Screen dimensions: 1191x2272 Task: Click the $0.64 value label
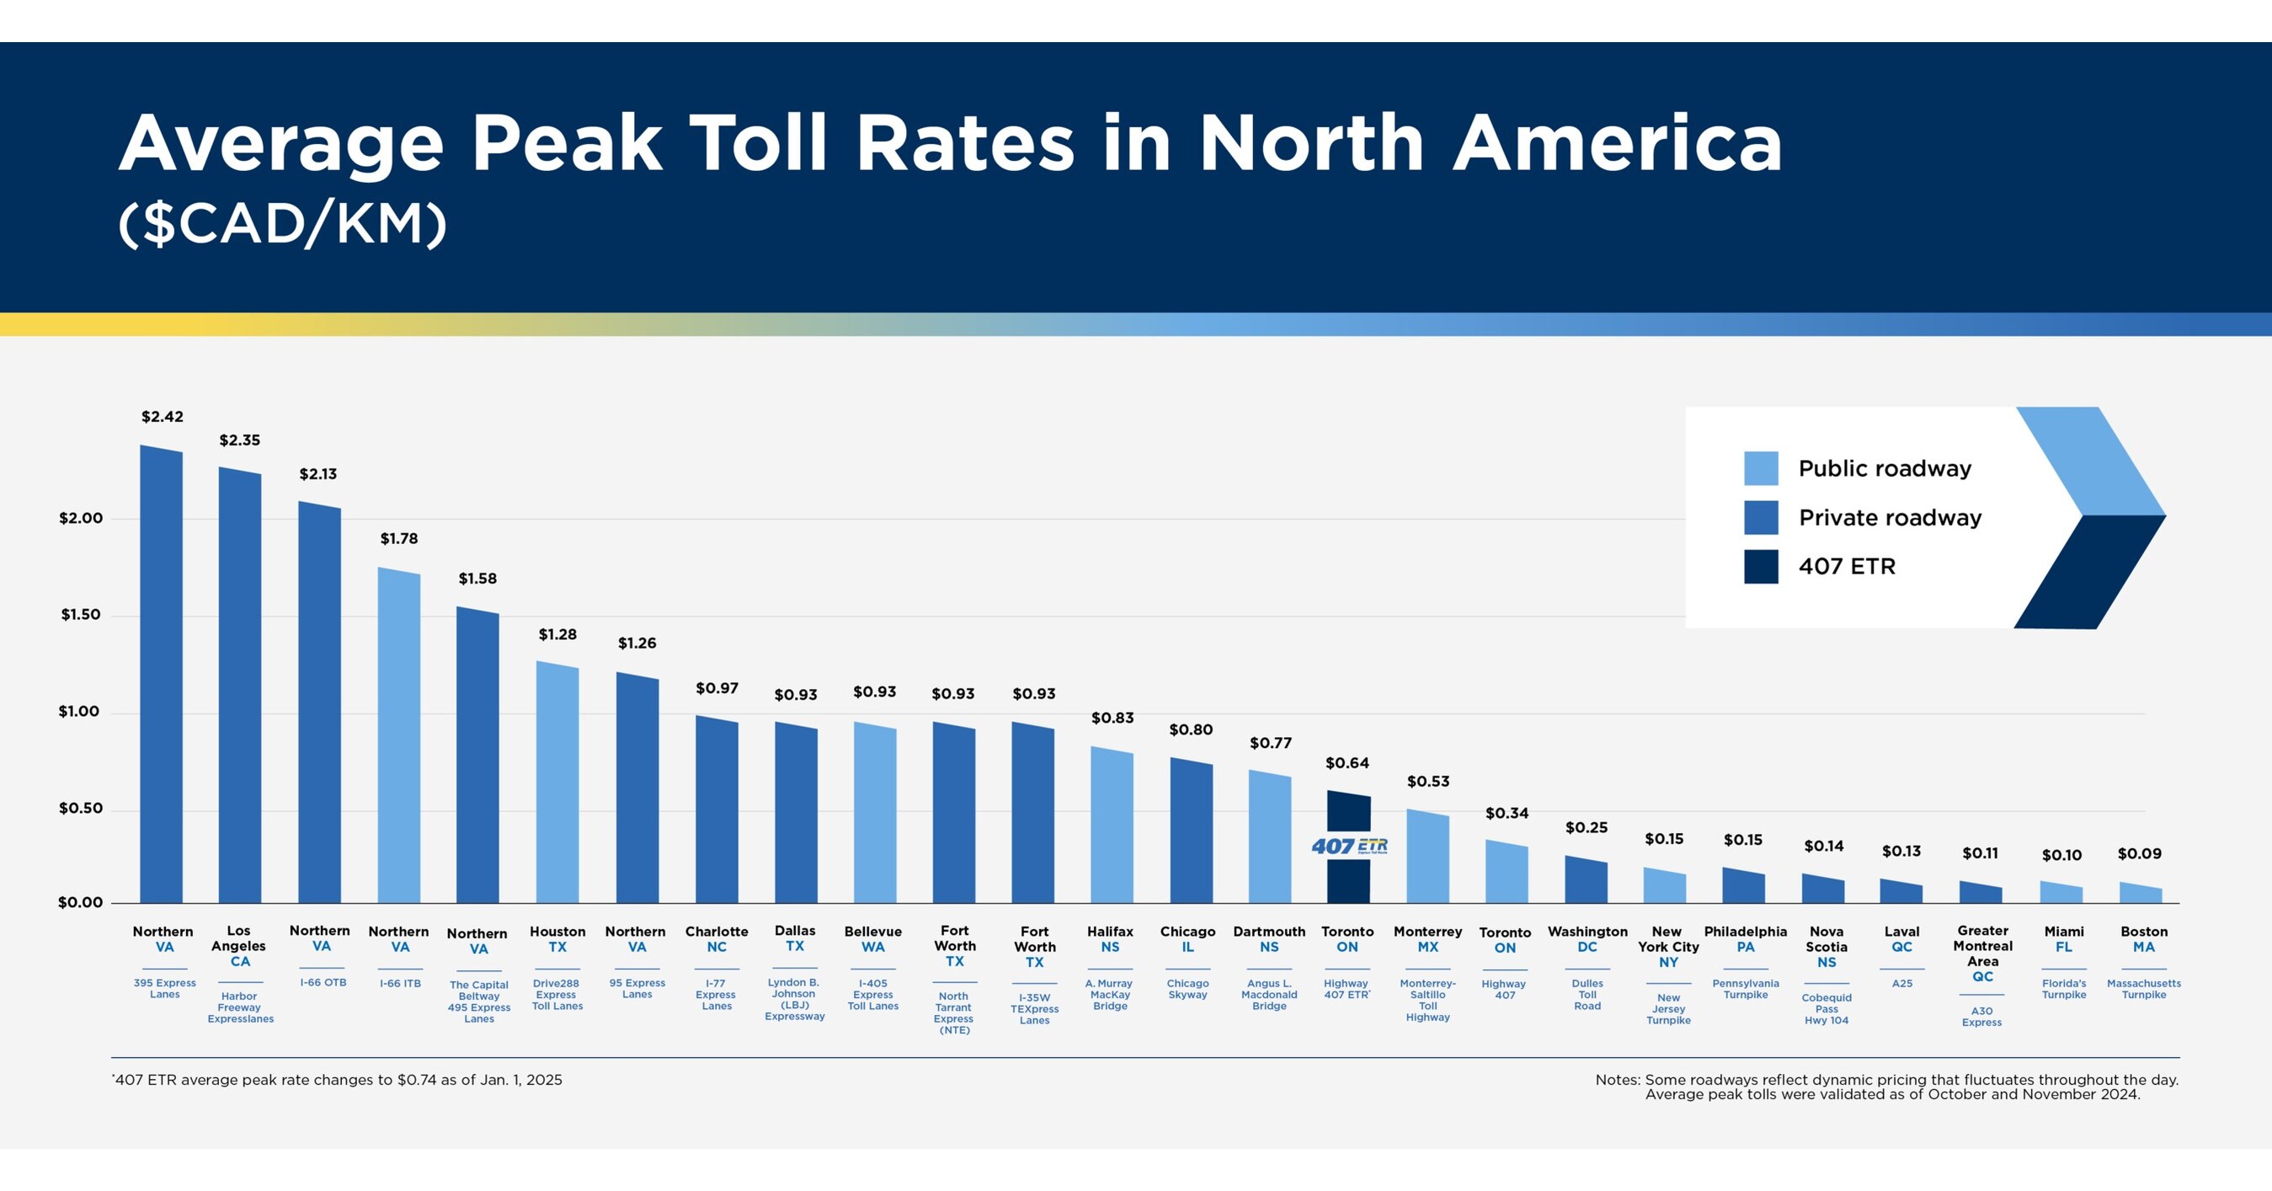[1347, 763]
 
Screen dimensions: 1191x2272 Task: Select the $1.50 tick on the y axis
[80, 615]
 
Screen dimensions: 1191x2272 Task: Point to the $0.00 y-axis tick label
[80, 902]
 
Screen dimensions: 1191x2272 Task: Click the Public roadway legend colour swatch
[1761, 468]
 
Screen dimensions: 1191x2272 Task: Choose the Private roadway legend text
[1889, 518]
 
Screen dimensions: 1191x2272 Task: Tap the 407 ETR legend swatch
[1761, 566]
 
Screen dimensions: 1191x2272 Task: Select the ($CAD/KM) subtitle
[283, 224]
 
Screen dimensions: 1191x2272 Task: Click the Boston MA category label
[2143, 939]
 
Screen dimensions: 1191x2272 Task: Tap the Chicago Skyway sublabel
[1187, 989]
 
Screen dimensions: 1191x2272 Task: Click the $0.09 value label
[2139, 854]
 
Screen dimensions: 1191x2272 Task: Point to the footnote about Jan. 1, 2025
[338, 1080]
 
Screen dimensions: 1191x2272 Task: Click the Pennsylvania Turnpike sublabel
[1745, 989]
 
